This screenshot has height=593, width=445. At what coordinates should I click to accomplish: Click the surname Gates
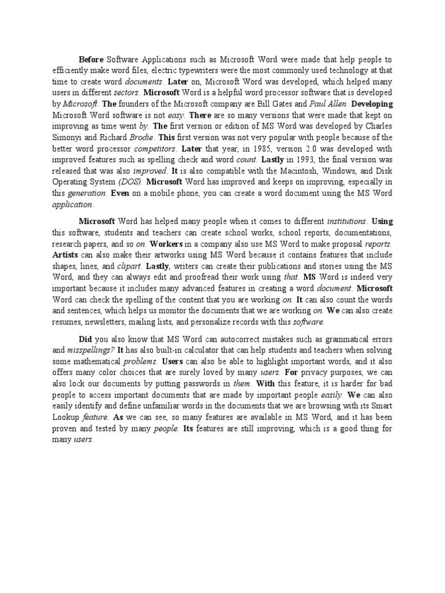click(278, 104)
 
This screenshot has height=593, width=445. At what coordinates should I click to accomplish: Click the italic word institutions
click(346, 221)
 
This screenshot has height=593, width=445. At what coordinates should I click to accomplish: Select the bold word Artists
click(65, 255)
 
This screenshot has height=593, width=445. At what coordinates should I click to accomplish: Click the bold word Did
click(85, 339)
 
